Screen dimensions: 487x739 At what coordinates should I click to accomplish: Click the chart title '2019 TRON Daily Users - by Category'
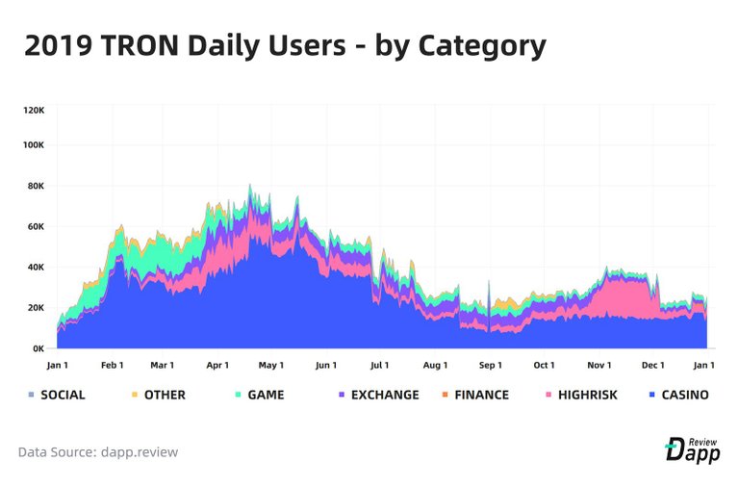point(285,45)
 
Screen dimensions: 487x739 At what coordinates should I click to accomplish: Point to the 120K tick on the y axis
point(34,110)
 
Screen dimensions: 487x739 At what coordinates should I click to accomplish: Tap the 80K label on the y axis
point(35,186)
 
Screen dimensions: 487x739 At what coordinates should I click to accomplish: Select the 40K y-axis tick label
point(35,268)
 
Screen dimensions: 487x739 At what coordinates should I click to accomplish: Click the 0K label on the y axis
point(38,348)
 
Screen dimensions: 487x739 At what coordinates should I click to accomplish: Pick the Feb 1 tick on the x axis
point(113,366)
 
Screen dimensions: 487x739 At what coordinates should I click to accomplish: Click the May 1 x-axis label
point(271,366)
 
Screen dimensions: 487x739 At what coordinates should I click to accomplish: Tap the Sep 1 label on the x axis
point(490,366)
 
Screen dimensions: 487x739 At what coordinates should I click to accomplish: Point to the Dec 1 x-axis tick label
point(653,366)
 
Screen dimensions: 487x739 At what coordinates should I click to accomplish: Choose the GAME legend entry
point(259,395)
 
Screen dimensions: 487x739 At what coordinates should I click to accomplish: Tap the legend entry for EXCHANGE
point(377,395)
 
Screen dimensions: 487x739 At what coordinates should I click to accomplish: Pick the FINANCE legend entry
point(474,395)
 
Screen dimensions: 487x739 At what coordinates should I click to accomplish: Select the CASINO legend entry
point(678,395)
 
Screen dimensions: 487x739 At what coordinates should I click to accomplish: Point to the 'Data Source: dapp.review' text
point(98,451)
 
